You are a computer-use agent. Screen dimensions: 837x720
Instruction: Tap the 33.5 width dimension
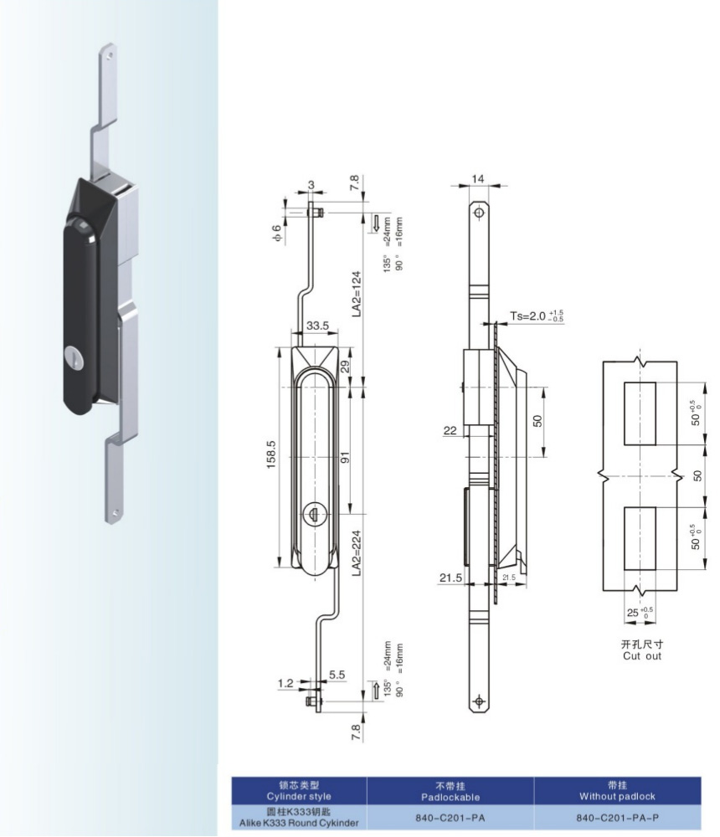(x=316, y=326)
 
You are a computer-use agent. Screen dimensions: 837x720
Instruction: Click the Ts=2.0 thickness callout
(x=536, y=316)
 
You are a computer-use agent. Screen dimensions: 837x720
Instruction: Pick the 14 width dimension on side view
(x=478, y=179)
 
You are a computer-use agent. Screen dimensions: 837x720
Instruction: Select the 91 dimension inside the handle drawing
(x=344, y=459)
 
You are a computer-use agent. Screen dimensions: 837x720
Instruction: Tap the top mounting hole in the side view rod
(x=478, y=213)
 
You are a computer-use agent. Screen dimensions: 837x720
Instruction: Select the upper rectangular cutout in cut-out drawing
(x=640, y=413)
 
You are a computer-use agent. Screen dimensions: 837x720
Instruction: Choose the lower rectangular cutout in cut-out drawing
(x=640, y=538)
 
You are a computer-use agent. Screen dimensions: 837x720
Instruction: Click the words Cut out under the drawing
(x=641, y=656)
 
